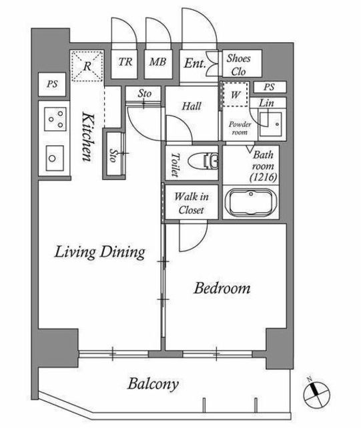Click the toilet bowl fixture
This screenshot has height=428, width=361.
204,163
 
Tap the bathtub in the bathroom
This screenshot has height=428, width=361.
251,202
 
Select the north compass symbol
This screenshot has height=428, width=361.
316,393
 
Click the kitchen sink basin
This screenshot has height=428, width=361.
55,158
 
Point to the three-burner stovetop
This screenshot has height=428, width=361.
55,119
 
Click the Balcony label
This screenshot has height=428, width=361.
153,384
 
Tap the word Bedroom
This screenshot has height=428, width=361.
222,288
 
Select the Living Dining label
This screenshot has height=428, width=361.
99,252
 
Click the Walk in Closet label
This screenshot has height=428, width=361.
192,203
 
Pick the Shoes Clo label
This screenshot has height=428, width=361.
239,65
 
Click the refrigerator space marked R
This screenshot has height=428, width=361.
87,66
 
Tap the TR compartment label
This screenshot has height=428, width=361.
125,62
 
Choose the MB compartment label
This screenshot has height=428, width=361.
157,62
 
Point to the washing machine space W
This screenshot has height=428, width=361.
236,94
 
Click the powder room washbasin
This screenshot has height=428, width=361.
270,124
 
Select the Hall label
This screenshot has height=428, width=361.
192,106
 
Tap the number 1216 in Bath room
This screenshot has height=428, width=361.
264,177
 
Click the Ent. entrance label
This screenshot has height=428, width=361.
195,64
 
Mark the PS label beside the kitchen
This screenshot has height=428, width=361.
52,84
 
